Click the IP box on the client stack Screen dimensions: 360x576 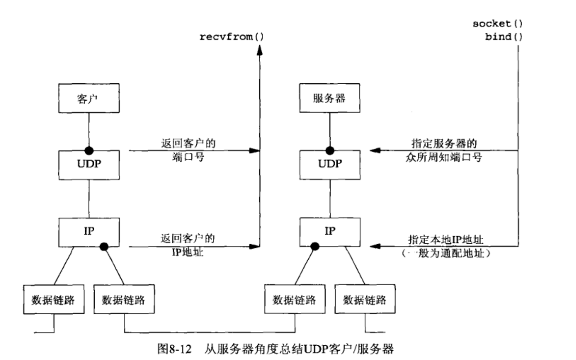(x=88, y=231)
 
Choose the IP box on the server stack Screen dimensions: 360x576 (x=330, y=231)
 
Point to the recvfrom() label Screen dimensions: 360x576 (x=231, y=36)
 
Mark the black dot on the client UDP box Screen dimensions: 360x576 (x=88, y=150)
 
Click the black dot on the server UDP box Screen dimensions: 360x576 (x=330, y=150)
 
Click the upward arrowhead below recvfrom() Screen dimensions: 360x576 (x=259, y=50)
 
